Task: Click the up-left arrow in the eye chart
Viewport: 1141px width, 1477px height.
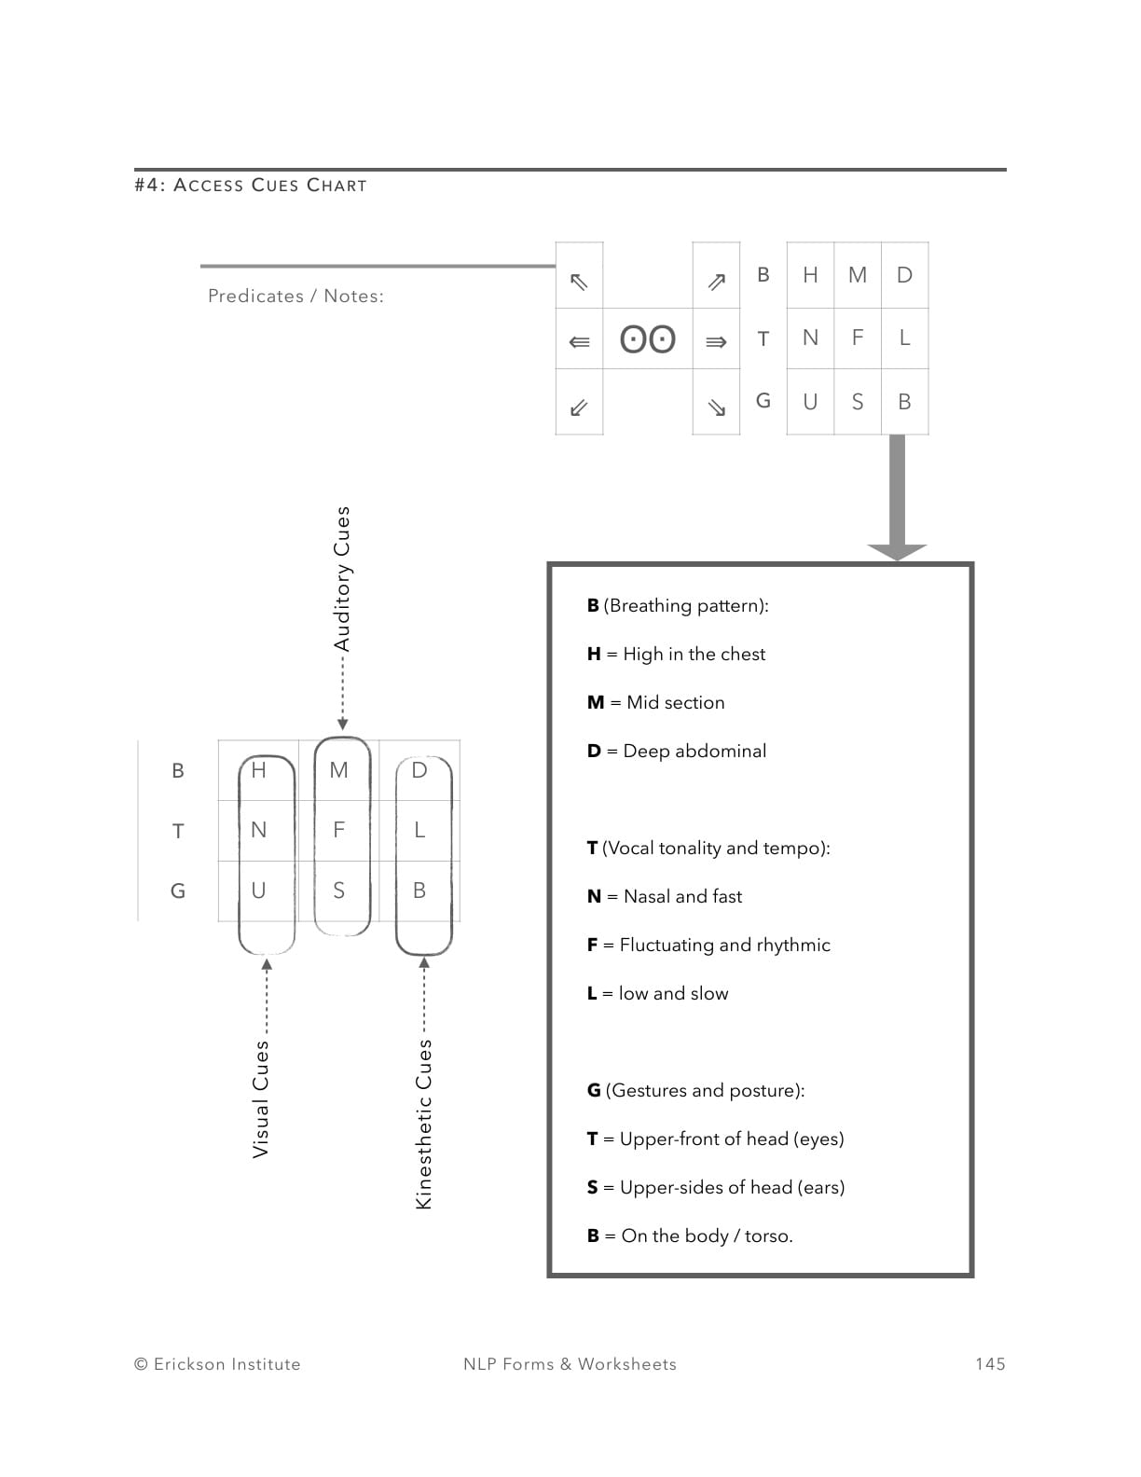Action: [x=579, y=281]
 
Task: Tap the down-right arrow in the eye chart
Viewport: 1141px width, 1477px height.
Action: [x=716, y=407]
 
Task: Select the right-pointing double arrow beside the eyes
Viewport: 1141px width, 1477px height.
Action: [x=716, y=342]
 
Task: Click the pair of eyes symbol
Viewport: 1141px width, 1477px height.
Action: [x=648, y=338]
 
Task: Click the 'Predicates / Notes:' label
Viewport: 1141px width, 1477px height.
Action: [x=296, y=296]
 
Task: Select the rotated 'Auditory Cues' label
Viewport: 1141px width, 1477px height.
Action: [x=342, y=578]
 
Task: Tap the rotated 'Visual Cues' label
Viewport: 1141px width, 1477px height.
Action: [x=261, y=1099]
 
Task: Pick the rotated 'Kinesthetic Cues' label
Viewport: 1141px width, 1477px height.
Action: [x=423, y=1124]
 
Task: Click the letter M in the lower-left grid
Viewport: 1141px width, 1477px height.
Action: [x=338, y=770]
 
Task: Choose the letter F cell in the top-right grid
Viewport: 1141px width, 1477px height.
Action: [x=858, y=338]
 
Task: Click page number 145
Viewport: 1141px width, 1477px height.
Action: [x=990, y=1364]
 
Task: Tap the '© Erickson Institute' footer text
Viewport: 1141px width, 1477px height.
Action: [x=217, y=1364]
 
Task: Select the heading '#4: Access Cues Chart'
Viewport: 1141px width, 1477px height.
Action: [x=251, y=186]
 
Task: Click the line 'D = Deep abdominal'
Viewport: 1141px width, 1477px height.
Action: [x=677, y=751]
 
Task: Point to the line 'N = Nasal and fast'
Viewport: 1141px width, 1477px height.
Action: [x=665, y=896]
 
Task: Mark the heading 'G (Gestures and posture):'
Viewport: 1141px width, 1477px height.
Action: [x=695, y=1090]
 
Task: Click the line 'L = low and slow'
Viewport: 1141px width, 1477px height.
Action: [x=657, y=993]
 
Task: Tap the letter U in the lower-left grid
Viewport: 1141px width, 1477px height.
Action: [x=258, y=890]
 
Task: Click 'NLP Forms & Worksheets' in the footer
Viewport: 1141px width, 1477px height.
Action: [x=570, y=1364]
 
